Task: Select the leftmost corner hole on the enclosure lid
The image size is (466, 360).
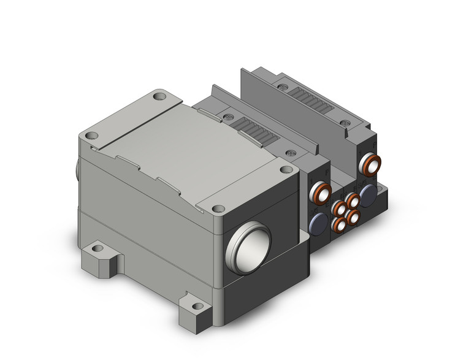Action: (x=92, y=136)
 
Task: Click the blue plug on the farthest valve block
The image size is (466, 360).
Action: (x=369, y=195)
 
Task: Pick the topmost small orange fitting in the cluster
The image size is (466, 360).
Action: (x=351, y=200)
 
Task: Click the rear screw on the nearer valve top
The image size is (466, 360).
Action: (x=230, y=115)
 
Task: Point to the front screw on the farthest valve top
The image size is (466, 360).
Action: (x=347, y=125)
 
